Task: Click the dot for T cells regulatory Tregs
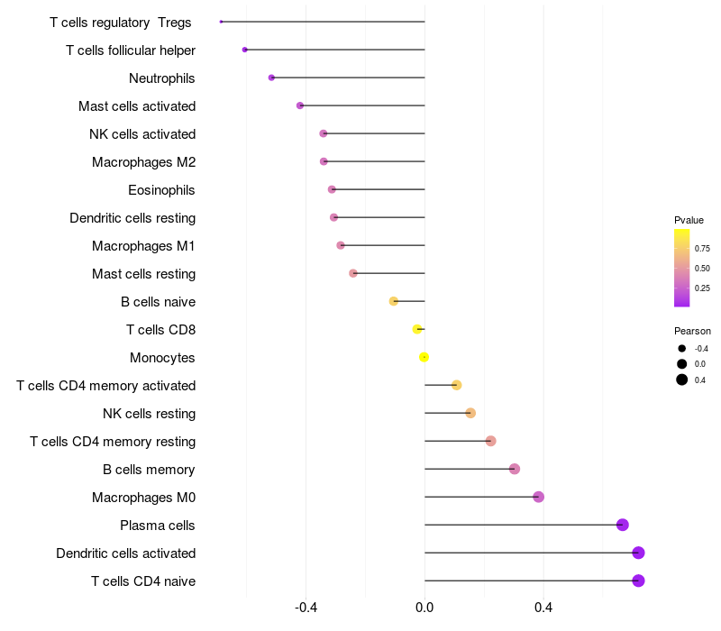tap(221, 22)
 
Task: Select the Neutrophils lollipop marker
tap(271, 78)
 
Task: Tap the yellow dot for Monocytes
tap(424, 357)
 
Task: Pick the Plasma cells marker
tap(622, 525)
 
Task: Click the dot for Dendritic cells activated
tap(638, 553)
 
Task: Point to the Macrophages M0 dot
tap(538, 497)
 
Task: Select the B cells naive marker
tap(393, 301)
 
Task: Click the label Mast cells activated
tap(137, 106)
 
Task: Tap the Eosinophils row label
tap(161, 190)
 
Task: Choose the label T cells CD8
tap(160, 330)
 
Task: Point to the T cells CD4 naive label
tap(143, 581)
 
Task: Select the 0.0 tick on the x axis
tap(424, 608)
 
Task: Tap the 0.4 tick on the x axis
tap(543, 608)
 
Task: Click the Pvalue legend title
tap(689, 220)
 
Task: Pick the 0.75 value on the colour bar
tap(702, 249)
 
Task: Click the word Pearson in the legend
tap(692, 331)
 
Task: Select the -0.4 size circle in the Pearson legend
tap(682, 348)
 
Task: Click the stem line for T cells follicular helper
tap(333, 50)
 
